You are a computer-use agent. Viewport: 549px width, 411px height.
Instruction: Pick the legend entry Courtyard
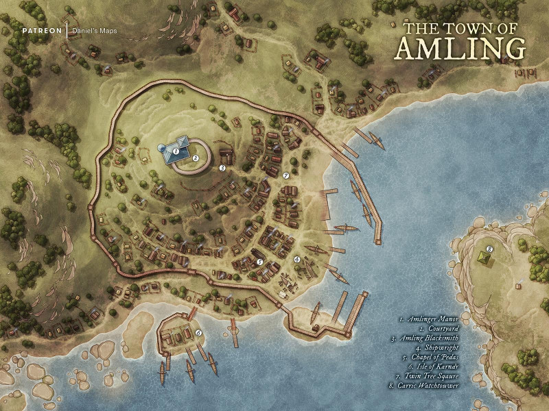click(x=439, y=329)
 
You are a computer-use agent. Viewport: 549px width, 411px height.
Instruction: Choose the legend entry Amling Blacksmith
click(x=426, y=338)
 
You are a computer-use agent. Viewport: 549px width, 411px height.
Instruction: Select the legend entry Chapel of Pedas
click(x=430, y=358)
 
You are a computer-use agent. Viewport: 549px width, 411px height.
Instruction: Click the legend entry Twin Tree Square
click(x=428, y=377)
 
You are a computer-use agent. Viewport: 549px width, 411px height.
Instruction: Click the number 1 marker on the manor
click(x=176, y=149)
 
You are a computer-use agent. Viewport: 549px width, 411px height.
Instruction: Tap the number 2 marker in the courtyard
click(x=196, y=158)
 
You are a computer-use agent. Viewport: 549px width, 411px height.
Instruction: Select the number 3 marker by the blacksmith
click(x=222, y=167)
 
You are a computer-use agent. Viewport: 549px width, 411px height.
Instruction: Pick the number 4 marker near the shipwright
click(x=296, y=259)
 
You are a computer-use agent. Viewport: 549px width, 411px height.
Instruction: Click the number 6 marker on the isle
click(x=198, y=333)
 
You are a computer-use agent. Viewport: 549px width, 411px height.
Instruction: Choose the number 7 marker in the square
click(x=285, y=176)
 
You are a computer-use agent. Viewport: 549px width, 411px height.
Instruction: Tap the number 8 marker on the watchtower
click(x=489, y=249)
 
